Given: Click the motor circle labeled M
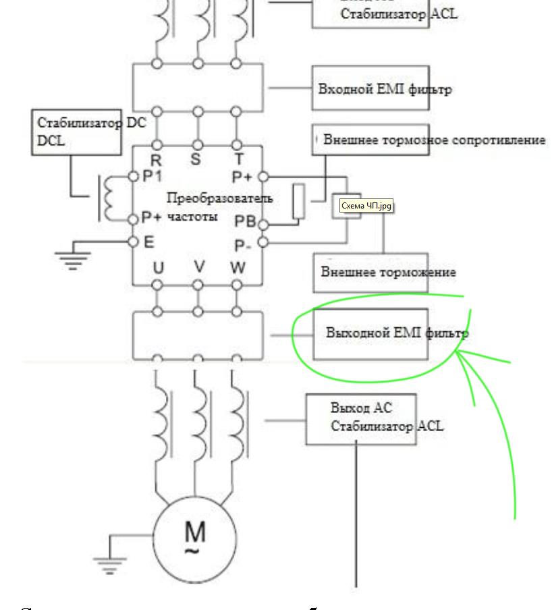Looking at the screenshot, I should pos(196,539).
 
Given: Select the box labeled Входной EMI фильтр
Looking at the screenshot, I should pos(370,88).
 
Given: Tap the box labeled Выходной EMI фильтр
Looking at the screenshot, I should pos(370,333).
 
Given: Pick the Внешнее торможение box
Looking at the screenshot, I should pos(370,273).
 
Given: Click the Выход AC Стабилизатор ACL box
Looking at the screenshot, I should pos(361,419).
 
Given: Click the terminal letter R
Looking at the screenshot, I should pos(156,161).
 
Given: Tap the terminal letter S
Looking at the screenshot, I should pos(196,161).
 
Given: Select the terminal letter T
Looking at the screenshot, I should pos(238,161).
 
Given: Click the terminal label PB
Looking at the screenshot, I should pos(245,221).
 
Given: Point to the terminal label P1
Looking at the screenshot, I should pos(153,177).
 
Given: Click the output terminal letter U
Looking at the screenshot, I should pos(158,269).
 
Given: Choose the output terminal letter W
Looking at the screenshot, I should pos(238,269).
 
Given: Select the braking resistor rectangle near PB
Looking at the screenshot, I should pos(299,201).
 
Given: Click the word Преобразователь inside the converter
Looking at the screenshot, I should pos(220,198).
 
